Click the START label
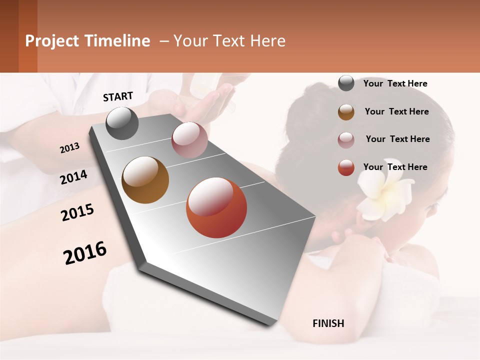118,96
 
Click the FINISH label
328,323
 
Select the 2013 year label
69,148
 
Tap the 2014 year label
73,177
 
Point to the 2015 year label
77,212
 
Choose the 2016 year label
85,253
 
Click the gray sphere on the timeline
122,123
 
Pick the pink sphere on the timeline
189,140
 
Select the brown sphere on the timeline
145,180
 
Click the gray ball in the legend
346,83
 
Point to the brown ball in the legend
346,112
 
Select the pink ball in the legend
346,140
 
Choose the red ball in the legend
346,167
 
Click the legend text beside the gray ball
395,83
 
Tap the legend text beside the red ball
395,167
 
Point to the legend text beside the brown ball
396,111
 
